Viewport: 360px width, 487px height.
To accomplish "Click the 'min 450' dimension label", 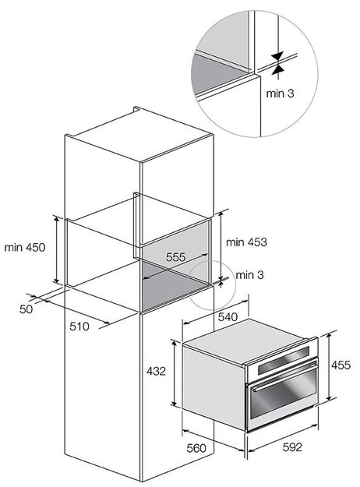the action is (25, 247).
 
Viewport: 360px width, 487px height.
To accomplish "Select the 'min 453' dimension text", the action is (246, 242).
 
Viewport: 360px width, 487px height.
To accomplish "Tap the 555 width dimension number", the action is (175, 257).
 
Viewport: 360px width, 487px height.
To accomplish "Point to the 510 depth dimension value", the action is (79, 326).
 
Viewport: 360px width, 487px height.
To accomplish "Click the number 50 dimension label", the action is (26, 309).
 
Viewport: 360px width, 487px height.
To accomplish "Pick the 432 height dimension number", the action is (156, 371).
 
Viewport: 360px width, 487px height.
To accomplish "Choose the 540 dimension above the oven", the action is (228, 317).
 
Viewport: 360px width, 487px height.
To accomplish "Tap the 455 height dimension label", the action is (341, 365).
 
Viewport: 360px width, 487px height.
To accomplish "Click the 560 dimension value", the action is (196, 448).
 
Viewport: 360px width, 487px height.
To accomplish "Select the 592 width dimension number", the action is (292, 447).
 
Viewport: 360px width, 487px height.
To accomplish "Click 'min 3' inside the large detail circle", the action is (280, 94).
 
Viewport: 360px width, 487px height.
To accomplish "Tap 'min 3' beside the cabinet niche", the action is (249, 275).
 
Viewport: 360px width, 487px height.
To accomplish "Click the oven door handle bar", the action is (284, 377).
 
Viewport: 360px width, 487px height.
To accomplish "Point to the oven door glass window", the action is (284, 397).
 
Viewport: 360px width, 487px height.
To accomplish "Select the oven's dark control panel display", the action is (284, 360).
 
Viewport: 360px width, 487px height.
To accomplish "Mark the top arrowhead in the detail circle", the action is (277, 56).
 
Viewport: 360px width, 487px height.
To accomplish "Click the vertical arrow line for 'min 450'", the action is (56, 250).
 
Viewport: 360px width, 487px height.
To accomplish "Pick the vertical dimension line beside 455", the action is (330, 367).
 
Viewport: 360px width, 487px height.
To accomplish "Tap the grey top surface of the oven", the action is (245, 341).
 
